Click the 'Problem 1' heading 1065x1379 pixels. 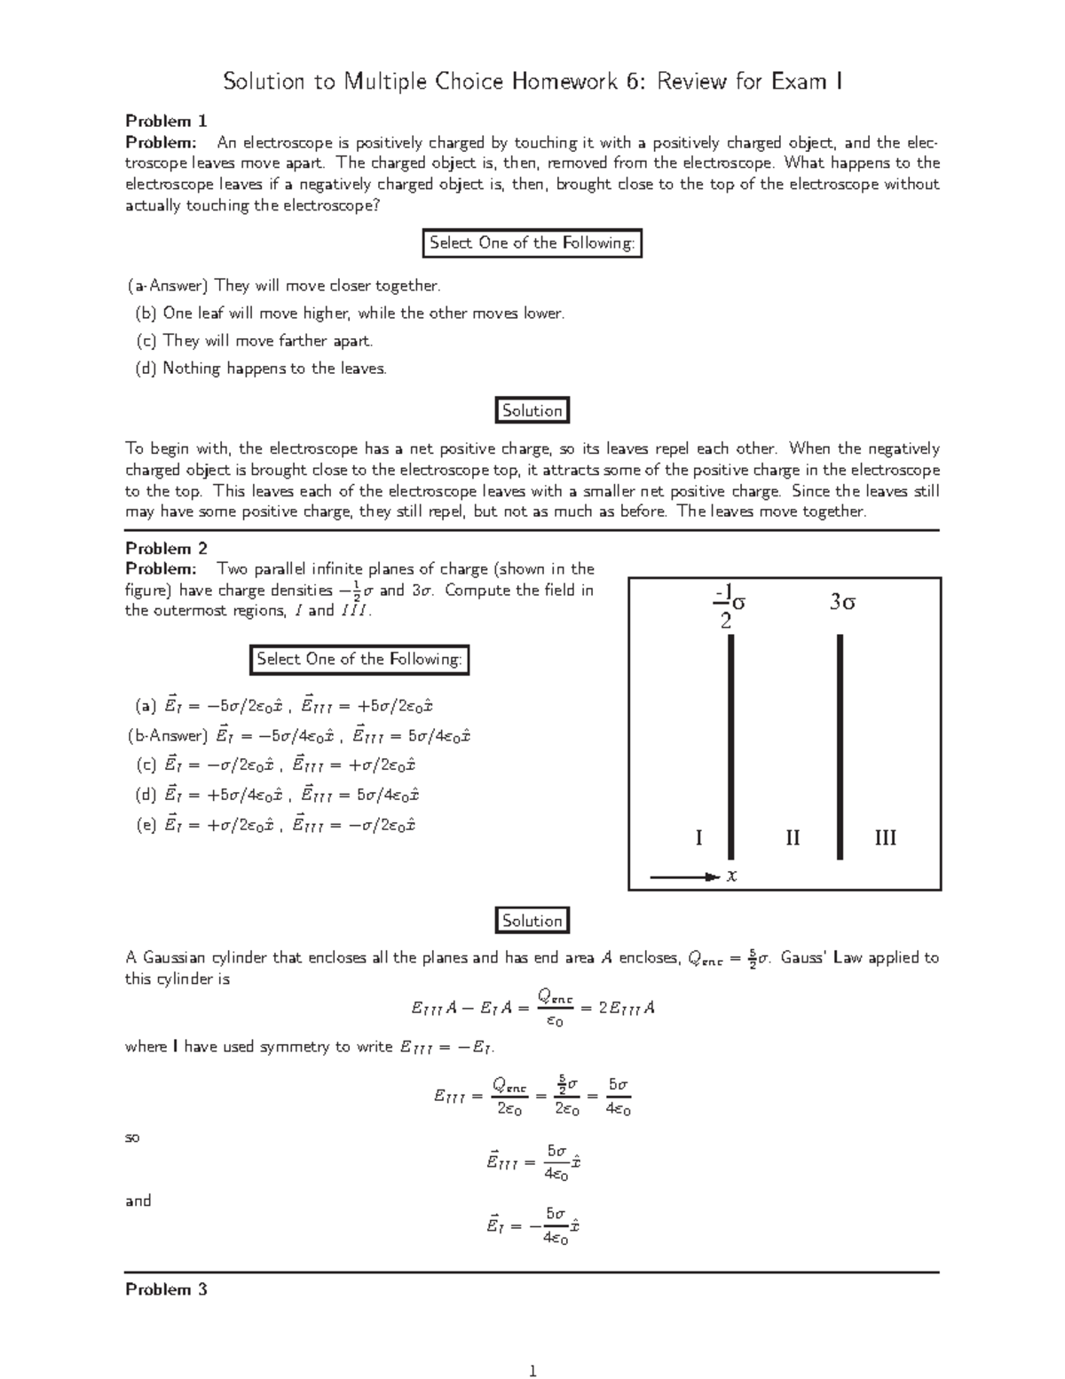[166, 121]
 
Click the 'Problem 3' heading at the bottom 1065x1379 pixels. [166, 1289]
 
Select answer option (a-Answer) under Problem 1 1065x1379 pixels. [283, 286]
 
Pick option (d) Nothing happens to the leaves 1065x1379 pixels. [261, 369]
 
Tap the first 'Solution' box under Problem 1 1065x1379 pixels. [532, 410]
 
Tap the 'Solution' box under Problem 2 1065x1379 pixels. [532, 921]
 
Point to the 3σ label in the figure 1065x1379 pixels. [842, 602]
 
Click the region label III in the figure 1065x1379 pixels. [885, 837]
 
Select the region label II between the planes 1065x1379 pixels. [793, 837]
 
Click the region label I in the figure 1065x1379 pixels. [698, 837]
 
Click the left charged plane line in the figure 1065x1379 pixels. [731, 746]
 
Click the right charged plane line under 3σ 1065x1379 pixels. [840, 746]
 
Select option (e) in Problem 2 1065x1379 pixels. [276, 825]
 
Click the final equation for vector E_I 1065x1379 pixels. [532, 1225]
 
